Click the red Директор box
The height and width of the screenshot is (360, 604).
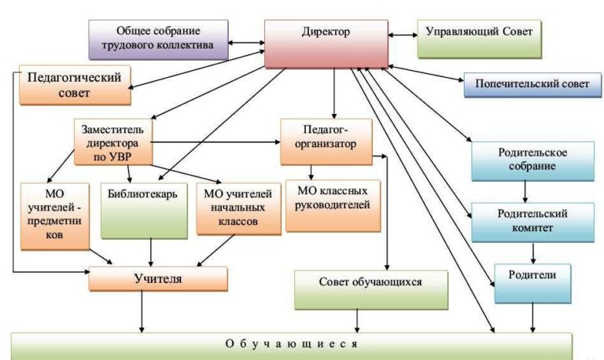pyautogui.click(x=325, y=43)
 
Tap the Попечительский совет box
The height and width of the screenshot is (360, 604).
pyautogui.click(x=526, y=84)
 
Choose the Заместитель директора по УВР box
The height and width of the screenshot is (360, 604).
pyautogui.click(x=113, y=141)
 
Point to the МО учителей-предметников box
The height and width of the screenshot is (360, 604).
pyautogui.click(x=54, y=215)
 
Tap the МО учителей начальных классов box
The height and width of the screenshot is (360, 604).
pyautogui.click(x=238, y=208)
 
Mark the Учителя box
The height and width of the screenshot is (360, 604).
pyautogui.click(x=157, y=280)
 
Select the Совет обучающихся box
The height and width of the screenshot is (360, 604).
pyautogui.click(x=371, y=288)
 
